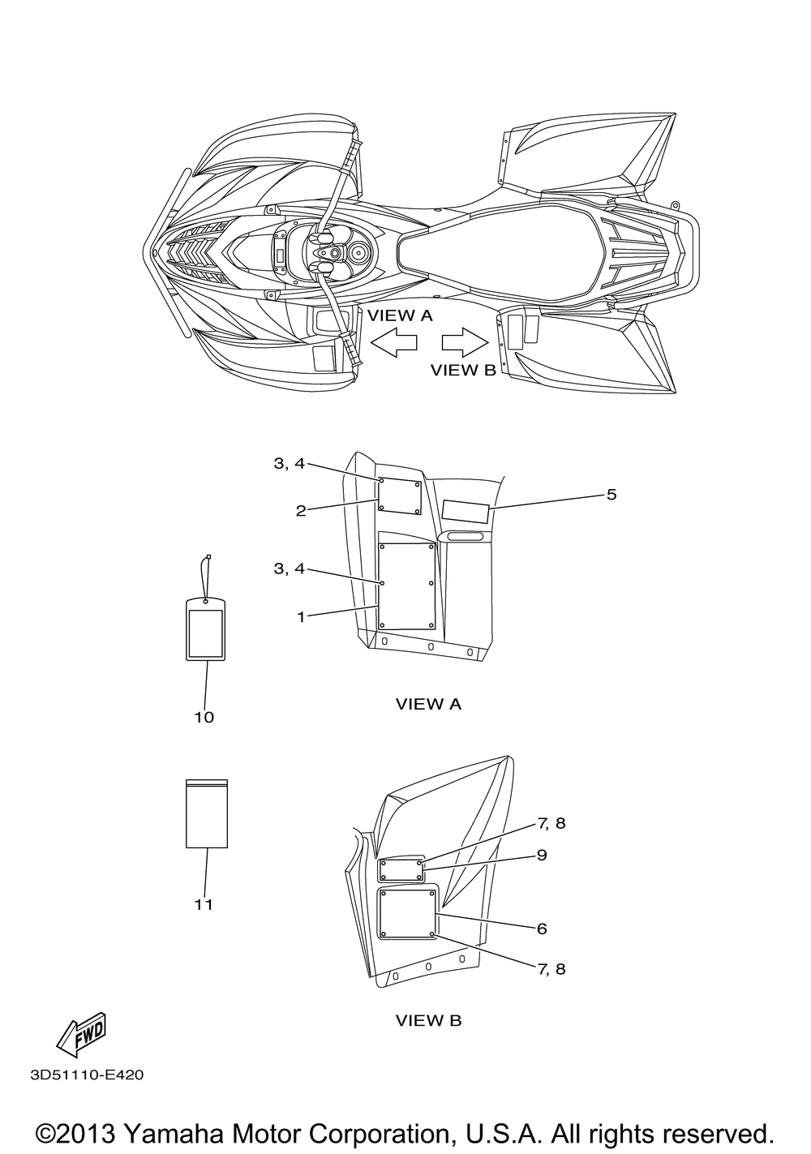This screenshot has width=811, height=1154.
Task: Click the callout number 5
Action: [611, 495]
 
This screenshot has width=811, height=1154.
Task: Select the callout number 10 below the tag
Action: [204, 717]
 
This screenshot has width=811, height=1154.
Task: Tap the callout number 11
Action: [204, 905]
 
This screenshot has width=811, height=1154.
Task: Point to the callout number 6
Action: [542, 929]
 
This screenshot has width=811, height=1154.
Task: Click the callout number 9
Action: [542, 856]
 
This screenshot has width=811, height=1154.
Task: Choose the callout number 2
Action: [301, 511]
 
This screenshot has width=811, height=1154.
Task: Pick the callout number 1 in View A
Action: [301, 616]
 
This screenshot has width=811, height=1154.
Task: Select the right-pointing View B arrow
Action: [465, 342]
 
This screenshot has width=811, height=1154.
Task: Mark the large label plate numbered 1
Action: [407, 586]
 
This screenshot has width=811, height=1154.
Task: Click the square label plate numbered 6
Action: [407, 914]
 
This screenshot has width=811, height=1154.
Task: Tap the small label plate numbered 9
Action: [402, 871]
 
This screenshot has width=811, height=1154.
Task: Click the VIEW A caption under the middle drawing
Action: [428, 704]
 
